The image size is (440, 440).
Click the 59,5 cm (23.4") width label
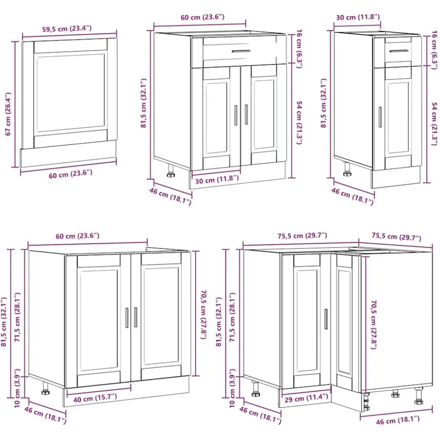pyautogui.click(x=67, y=28)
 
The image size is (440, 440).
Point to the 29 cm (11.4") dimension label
pyautogui.click(x=306, y=398)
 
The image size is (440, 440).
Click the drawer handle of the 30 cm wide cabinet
pyautogui.click(x=399, y=51)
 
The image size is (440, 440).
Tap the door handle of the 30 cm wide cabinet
pyautogui.click(x=380, y=117)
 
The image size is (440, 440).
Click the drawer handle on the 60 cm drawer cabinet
pyautogui.click(x=241, y=51)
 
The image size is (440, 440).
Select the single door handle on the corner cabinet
pyautogui.click(x=326, y=319)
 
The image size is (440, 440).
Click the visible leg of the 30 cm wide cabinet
pyautogui.click(x=347, y=169)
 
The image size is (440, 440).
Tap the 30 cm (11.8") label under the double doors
pyautogui.click(x=217, y=180)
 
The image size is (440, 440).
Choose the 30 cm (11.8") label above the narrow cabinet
pyautogui.click(x=358, y=17)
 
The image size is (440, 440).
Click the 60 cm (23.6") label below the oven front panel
pyautogui.click(x=70, y=174)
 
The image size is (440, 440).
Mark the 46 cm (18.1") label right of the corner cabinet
pyautogui.click(x=398, y=420)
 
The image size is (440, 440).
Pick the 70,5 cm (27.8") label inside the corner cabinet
pyautogui.click(x=374, y=325)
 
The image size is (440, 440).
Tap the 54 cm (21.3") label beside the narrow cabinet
pyautogui.click(x=434, y=124)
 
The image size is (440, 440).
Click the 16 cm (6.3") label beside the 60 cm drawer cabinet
pyautogui.click(x=299, y=48)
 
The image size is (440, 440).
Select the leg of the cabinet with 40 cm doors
pyautogui.click(x=45, y=388)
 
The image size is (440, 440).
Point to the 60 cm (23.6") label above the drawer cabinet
pyautogui.click(x=202, y=17)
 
